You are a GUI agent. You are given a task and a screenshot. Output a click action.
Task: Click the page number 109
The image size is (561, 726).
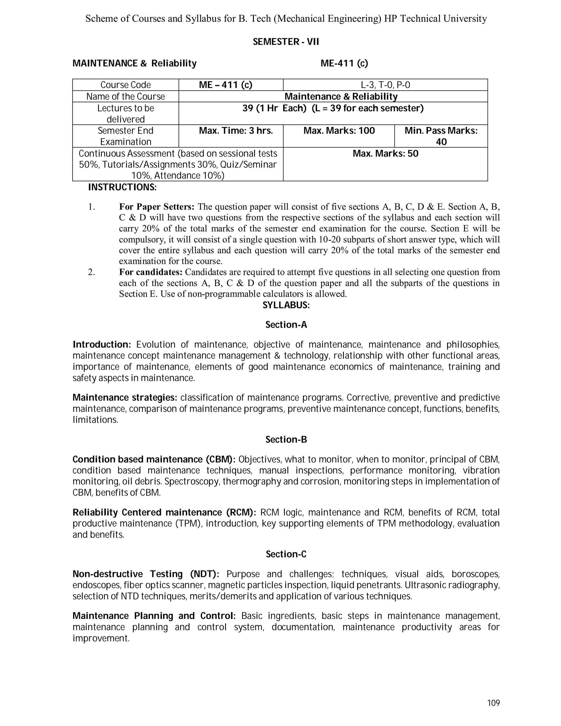(493, 703)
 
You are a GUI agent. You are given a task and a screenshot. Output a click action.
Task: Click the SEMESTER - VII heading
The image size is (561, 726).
(286, 42)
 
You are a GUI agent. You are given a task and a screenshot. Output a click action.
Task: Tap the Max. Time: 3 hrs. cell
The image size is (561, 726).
(236, 131)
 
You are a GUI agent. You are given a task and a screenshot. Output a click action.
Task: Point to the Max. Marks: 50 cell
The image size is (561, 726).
(385, 154)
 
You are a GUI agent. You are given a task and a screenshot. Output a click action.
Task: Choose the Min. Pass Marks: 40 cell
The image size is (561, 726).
(441, 136)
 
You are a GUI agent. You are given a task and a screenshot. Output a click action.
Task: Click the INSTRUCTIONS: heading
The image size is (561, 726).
(122, 187)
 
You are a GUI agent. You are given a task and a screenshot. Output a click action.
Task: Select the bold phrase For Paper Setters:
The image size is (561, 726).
(156, 207)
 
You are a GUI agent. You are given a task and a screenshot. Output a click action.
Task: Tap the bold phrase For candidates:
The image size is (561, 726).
(151, 272)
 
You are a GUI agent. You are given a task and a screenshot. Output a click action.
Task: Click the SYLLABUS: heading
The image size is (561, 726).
(286, 305)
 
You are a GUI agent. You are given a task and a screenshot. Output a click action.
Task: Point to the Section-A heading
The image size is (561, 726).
(286, 325)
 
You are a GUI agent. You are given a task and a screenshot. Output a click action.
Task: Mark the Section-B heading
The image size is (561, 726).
(286, 439)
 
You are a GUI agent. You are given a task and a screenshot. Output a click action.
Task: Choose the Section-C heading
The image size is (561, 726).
(286, 554)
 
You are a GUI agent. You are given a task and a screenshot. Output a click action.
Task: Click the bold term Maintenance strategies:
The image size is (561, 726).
(125, 398)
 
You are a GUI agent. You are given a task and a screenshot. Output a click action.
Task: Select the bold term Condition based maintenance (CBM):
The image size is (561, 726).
(154, 459)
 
